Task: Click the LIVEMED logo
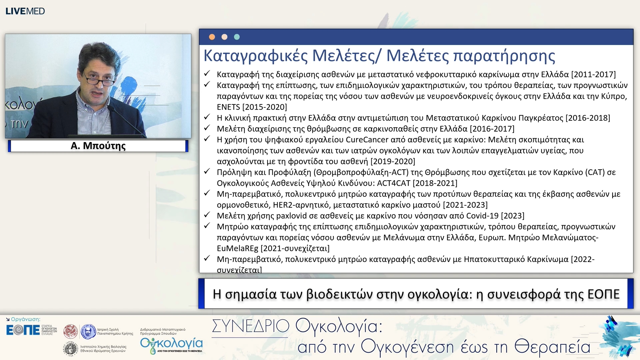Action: point(25,11)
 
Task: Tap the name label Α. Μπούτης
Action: point(98,146)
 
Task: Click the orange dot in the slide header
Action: point(212,37)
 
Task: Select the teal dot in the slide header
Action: point(237,37)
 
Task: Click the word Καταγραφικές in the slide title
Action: point(255,56)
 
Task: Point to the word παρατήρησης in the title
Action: point(504,56)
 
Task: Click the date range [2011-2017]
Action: point(593,74)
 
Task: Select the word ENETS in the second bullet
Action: point(228,107)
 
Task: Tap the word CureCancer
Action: point(367,140)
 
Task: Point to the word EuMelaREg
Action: point(237,248)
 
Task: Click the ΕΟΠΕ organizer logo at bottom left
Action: point(23,330)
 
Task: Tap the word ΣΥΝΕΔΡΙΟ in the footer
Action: point(251,326)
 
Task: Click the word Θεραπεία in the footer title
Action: point(552,347)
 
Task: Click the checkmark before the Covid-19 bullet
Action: point(207,215)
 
